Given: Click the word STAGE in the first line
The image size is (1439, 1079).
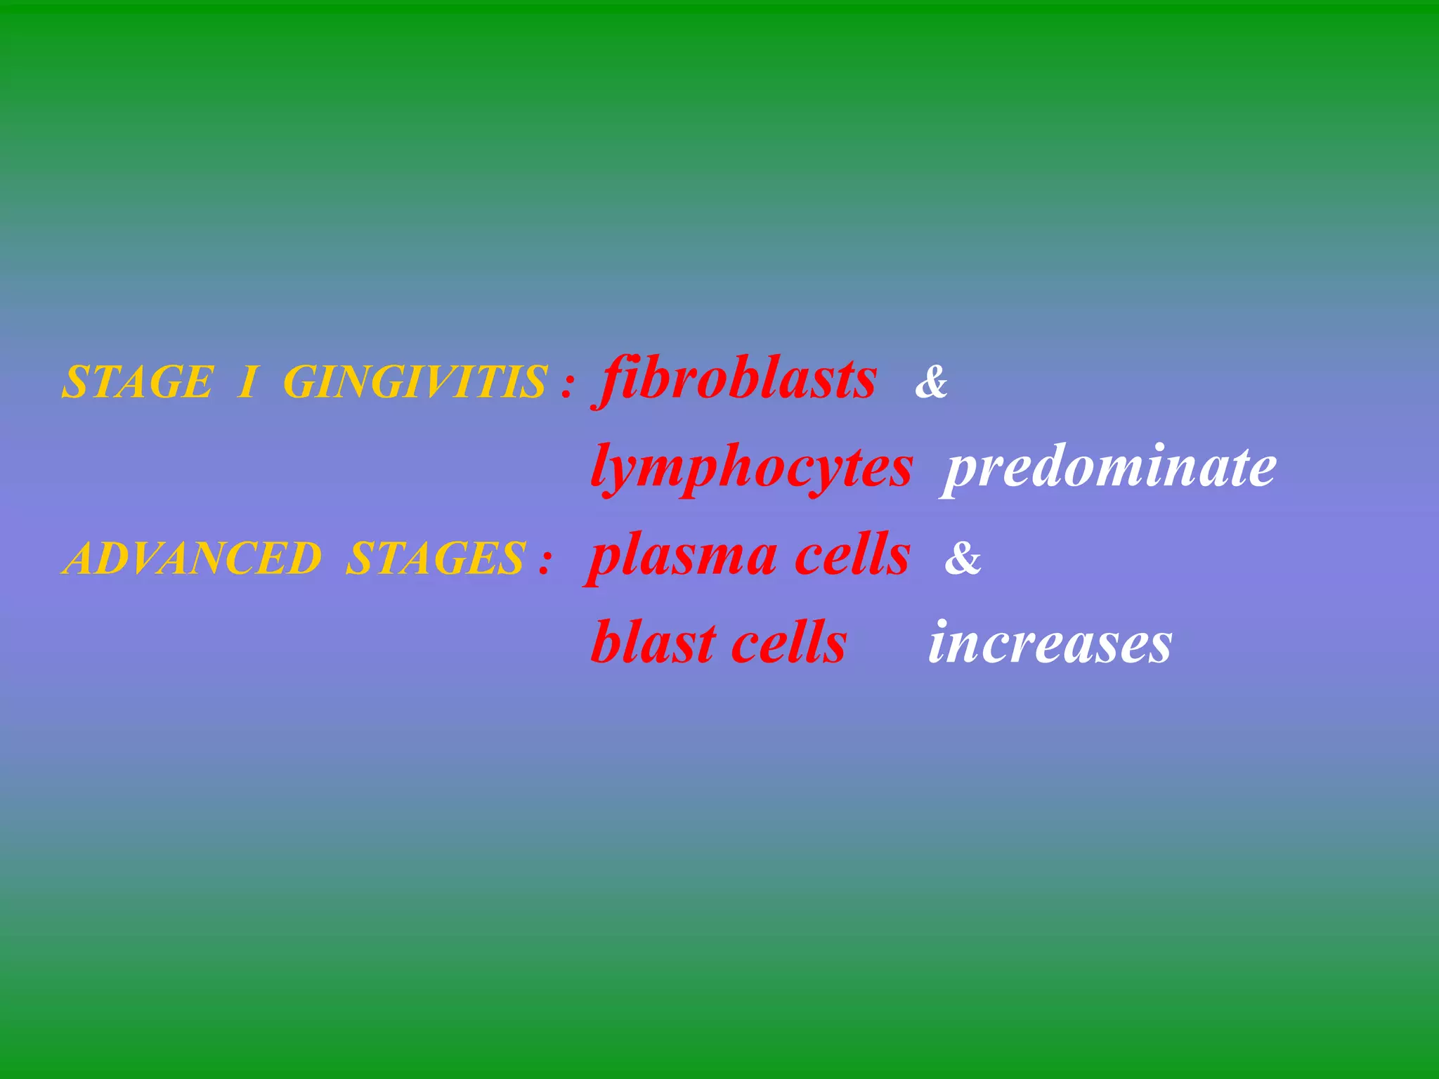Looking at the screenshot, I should click(137, 383).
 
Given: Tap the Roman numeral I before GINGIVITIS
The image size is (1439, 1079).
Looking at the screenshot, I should click(247, 383).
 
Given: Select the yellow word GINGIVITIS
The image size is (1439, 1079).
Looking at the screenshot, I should click(415, 383).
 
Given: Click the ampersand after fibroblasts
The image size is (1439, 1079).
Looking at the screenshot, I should click(932, 384).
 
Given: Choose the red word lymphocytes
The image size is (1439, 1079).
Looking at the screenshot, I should click(752, 468).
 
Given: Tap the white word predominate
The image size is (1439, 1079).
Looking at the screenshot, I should click(1109, 468).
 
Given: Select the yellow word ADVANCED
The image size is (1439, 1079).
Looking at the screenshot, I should click(193, 559).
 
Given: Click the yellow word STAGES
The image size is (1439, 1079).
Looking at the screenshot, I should click(436, 559).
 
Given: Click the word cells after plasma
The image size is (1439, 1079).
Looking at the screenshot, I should click(852, 555).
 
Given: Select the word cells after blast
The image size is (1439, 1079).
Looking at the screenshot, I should click(788, 643).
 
